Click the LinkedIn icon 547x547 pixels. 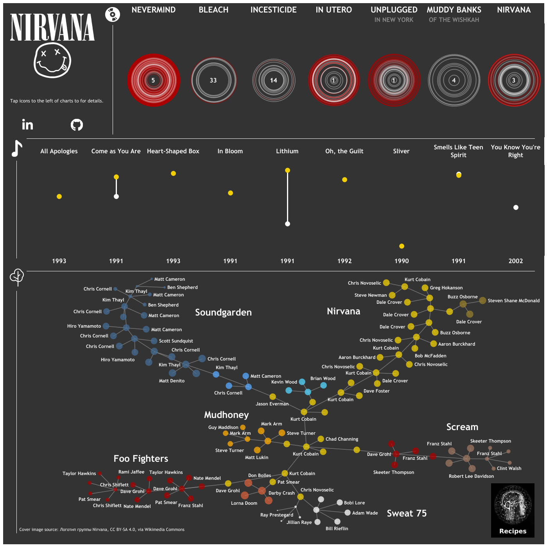tap(27, 125)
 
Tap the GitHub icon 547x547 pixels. tap(77, 125)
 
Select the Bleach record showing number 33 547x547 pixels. tap(213, 80)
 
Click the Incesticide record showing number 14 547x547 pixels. tap(274, 80)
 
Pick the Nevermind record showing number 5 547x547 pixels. tap(153, 80)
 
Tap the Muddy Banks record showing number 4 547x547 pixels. tap(454, 80)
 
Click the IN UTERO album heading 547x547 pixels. tap(334, 10)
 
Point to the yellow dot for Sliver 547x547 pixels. tap(402, 246)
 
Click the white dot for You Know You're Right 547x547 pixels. tap(516, 207)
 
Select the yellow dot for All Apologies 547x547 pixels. tap(59, 196)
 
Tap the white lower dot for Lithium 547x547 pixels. tap(287, 224)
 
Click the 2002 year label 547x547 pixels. tap(515, 261)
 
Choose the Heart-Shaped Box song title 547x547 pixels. tap(173, 151)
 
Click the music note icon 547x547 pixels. tap(16, 149)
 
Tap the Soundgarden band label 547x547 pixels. tap(223, 312)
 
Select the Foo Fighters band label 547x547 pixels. tap(141, 459)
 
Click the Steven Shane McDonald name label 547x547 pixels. tap(513, 301)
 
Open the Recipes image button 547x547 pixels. tap(513, 510)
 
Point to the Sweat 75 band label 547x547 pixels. tap(407, 513)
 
